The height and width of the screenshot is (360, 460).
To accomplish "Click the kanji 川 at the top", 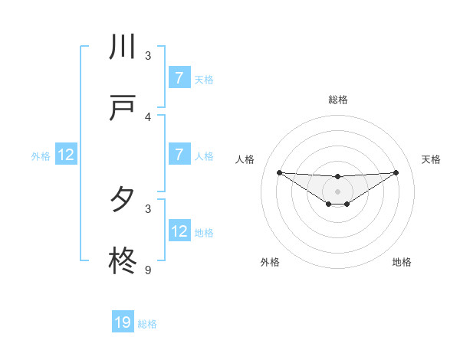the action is (x=123, y=47).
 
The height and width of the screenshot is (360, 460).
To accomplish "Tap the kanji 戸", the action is (x=123, y=109).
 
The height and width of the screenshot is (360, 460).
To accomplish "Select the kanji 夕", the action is (x=123, y=200).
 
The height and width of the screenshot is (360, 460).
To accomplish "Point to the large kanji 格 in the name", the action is (x=123, y=261).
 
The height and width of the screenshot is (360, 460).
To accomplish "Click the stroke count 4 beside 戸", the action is (x=148, y=117).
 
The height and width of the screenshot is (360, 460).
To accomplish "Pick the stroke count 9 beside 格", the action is (x=148, y=270).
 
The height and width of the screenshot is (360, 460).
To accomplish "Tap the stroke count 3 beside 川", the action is (x=148, y=56).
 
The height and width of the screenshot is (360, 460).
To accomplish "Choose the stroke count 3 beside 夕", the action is (x=148, y=208).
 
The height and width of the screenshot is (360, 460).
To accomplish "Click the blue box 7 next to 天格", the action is (x=179, y=78).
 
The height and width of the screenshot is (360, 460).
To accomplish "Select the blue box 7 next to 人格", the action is (x=179, y=155).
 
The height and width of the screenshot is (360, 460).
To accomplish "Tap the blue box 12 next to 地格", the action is (x=179, y=231).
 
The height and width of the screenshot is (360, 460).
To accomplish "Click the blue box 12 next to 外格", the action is (x=66, y=155).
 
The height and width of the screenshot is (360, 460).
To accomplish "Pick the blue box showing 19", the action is (x=123, y=322).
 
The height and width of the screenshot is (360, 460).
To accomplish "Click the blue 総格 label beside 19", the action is (x=147, y=324).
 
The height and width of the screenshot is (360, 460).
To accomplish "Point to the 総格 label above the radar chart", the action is (x=337, y=100).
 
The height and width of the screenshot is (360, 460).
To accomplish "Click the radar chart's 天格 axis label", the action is (x=431, y=159).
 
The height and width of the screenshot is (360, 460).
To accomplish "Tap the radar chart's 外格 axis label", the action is (x=270, y=262).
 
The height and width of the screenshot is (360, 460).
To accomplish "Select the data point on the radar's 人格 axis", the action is (x=279, y=172).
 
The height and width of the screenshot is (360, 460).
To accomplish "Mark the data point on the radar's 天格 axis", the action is (x=396, y=172).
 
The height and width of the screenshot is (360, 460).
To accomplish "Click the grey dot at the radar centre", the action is (x=337, y=191).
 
